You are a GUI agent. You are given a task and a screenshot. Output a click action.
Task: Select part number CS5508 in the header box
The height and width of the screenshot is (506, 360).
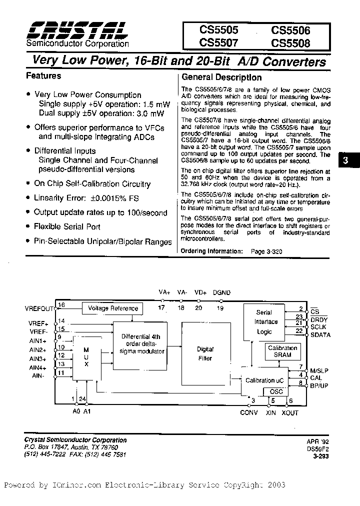(x=290, y=43)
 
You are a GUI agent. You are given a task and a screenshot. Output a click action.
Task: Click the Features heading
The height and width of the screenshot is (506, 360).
(x=43, y=76)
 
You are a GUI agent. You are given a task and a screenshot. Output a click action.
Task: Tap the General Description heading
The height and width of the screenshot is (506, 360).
(x=221, y=77)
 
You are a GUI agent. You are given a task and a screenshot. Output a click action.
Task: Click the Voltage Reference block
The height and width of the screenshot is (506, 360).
(x=113, y=308)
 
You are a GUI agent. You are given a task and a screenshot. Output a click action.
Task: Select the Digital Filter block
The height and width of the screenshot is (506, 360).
(x=205, y=353)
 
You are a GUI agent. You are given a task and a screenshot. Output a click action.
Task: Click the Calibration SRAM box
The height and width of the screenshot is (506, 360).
(x=282, y=351)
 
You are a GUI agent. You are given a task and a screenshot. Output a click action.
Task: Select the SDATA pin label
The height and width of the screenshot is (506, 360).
(x=320, y=335)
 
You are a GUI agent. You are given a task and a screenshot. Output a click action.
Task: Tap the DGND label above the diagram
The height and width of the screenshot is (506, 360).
(x=221, y=292)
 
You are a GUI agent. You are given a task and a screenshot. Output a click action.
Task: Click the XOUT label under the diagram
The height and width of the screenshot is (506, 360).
(x=289, y=413)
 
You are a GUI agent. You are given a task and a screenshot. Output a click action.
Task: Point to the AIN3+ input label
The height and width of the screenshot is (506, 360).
(x=38, y=358)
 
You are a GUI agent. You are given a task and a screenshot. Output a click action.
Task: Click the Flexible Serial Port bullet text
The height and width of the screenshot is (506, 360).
(x=67, y=226)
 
